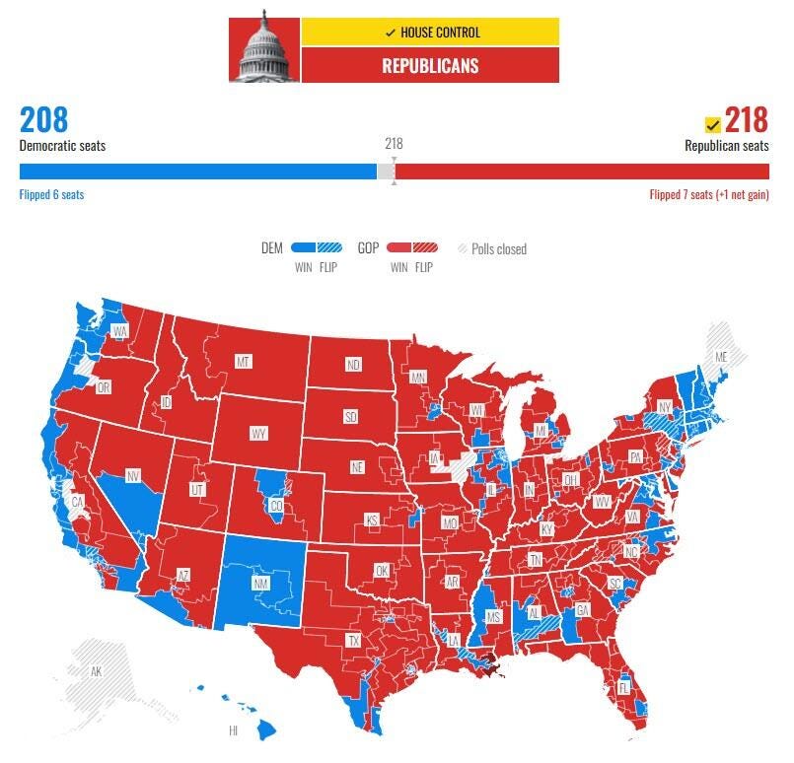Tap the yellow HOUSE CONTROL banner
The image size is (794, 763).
pos(431,33)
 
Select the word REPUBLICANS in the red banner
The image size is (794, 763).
pos(431,67)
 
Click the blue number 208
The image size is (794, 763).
pos(44,120)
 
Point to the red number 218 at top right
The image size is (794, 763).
pos(747,120)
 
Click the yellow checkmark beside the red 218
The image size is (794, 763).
pos(712,125)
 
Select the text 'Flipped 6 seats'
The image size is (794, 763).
pos(52,195)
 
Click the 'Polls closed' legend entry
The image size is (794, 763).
pos(493,249)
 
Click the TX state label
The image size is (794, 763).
pos(353,640)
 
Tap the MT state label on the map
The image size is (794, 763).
pos(243,363)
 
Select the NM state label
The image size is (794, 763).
pos(261,584)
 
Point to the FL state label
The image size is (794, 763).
pos(623,688)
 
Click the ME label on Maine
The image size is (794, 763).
pos(721,356)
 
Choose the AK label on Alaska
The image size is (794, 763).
pos(96,671)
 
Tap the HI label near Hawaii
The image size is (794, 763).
pos(234,730)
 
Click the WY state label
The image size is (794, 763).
pos(258,434)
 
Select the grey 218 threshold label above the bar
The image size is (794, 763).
pos(394,144)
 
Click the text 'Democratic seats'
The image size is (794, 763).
pos(62,146)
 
